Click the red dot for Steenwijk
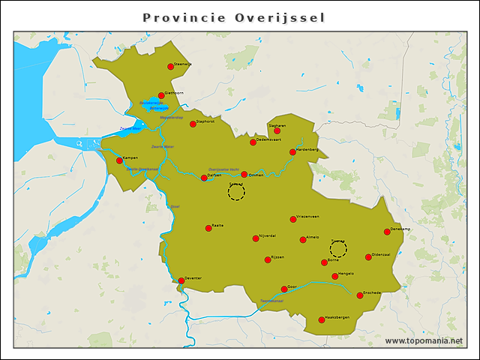coord(170,67)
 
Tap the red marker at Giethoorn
coord(161,95)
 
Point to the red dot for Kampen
coord(119,160)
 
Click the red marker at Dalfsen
coord(204,178)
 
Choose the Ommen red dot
coord(244,175)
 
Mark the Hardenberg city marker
coord(292,152)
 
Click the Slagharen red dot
coord(277,130)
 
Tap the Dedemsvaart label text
coord(268,139)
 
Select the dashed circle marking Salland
coord(236,193)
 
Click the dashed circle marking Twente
coord(338,249)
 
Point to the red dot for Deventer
coord(181,280)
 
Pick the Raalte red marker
coord(208,228)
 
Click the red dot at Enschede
coord(360,295)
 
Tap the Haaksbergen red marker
coord(322,320)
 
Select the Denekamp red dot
coord(387,232)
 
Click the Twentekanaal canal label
coord(271,301)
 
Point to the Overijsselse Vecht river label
coord(223,169)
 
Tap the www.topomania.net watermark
coord(424,340)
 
